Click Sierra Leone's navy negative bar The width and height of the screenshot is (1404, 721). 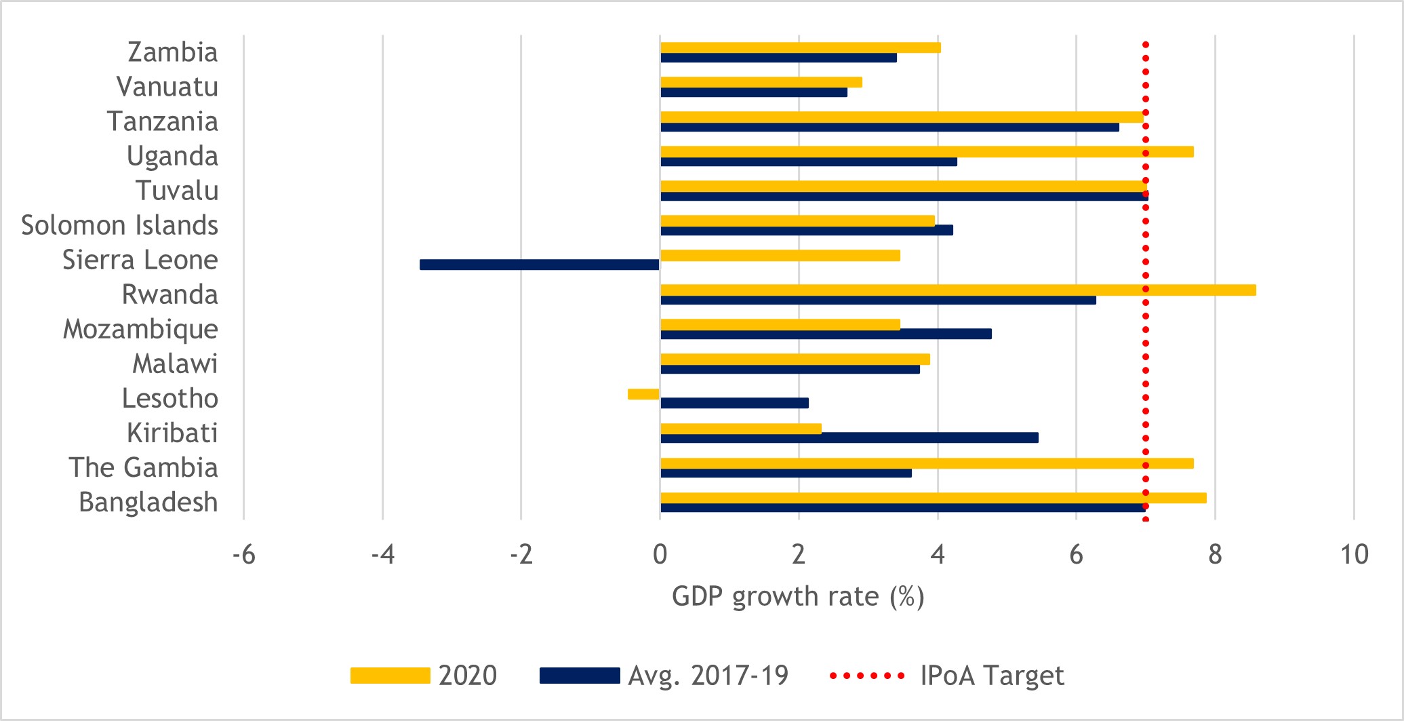coord(539,265)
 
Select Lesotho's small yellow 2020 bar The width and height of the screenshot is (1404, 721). coord(643,394)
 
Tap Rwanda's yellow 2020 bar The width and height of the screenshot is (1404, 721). coord(957,290)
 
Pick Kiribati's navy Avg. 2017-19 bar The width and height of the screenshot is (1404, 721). coord(849,438)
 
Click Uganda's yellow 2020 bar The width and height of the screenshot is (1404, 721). coord(926,152)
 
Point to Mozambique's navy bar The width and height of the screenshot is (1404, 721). coord(826,334)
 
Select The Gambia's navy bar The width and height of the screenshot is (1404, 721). coord(786,473)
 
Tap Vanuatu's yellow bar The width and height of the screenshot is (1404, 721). coord(761,82)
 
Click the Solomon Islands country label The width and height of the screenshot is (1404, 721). coord(119,225)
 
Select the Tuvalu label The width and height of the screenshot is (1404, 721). coord(176,191)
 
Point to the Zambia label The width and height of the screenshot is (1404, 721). coord(172,52)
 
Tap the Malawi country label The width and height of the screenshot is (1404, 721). coord(175,364)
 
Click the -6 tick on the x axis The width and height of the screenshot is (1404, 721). coord(243,555)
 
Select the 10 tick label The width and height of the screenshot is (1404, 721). coord(1354,555)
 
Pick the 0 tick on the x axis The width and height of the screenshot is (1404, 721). coord(660,555)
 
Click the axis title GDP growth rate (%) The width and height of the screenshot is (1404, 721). coord(798,597)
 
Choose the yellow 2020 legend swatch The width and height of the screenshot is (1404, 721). coord(390,676)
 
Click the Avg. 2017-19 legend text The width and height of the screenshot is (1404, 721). coord(708,676)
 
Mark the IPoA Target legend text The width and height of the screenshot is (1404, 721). coord(992,676)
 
